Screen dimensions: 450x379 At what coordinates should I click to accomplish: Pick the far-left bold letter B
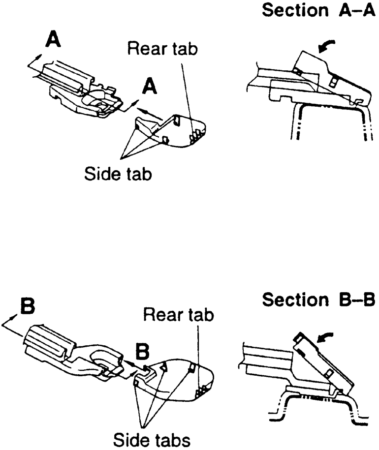pyautogui.click(x=27, y=306)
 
